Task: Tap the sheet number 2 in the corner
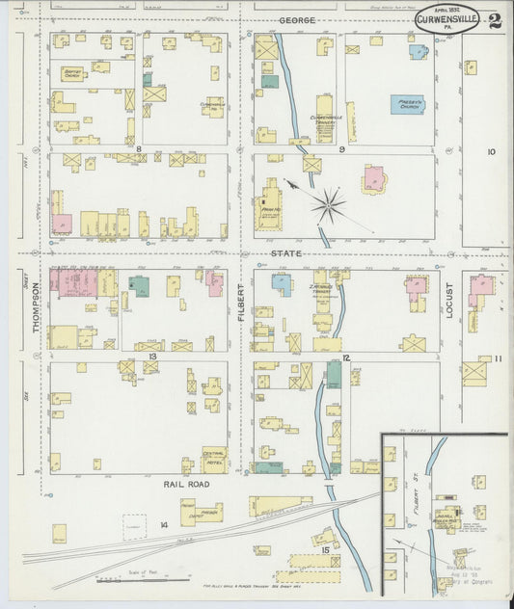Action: click(494, 20)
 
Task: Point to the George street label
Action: click(298, 19)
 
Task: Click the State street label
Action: click(285, 253)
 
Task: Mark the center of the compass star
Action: click(330, 203)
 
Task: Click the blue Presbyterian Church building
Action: click(407, 104)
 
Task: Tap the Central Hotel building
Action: click(214, 459)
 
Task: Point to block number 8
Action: click(139, 149)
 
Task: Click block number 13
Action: click(151, 356)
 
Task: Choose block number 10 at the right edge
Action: click(490, 151)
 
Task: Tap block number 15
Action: click(325, 549)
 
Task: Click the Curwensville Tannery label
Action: click(327, 118)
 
